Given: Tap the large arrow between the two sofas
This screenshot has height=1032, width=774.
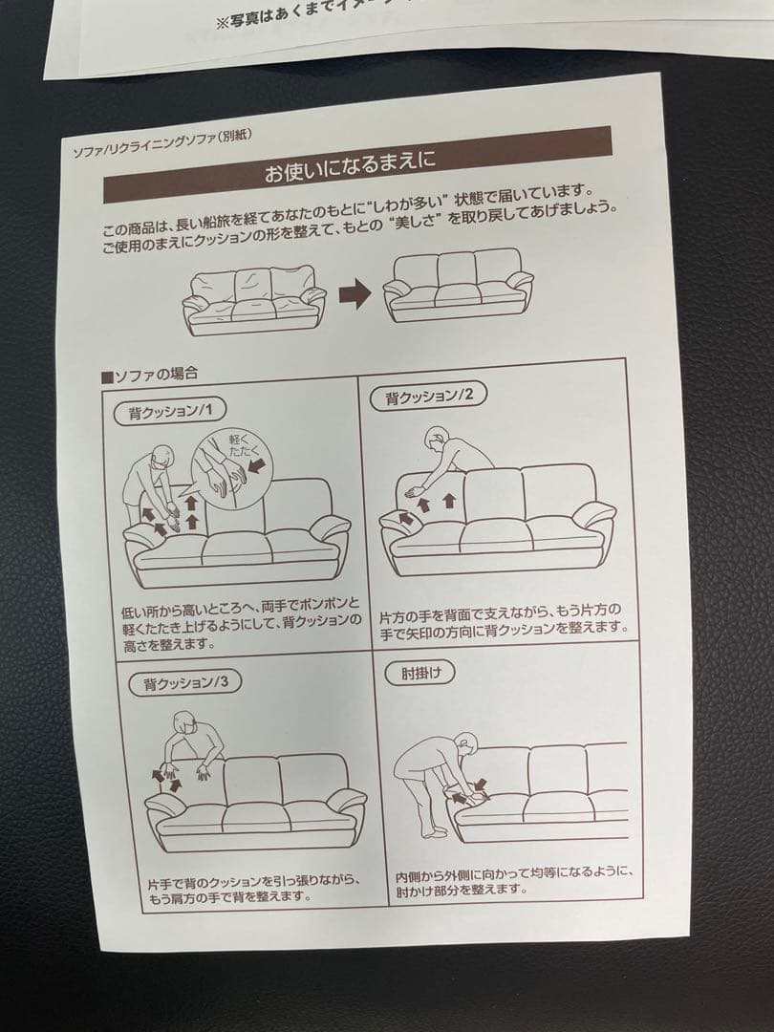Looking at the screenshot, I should (x=354, y=295).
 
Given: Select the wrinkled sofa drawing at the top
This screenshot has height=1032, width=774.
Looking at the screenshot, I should (x=254, y=299).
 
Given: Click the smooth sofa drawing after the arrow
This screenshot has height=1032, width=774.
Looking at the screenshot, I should (x=458, y=286).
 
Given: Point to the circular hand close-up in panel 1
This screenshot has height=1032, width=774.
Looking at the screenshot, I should (x=229, y=469).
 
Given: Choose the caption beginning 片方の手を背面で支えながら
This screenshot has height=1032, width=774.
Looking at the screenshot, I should (x=504, y=617).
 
